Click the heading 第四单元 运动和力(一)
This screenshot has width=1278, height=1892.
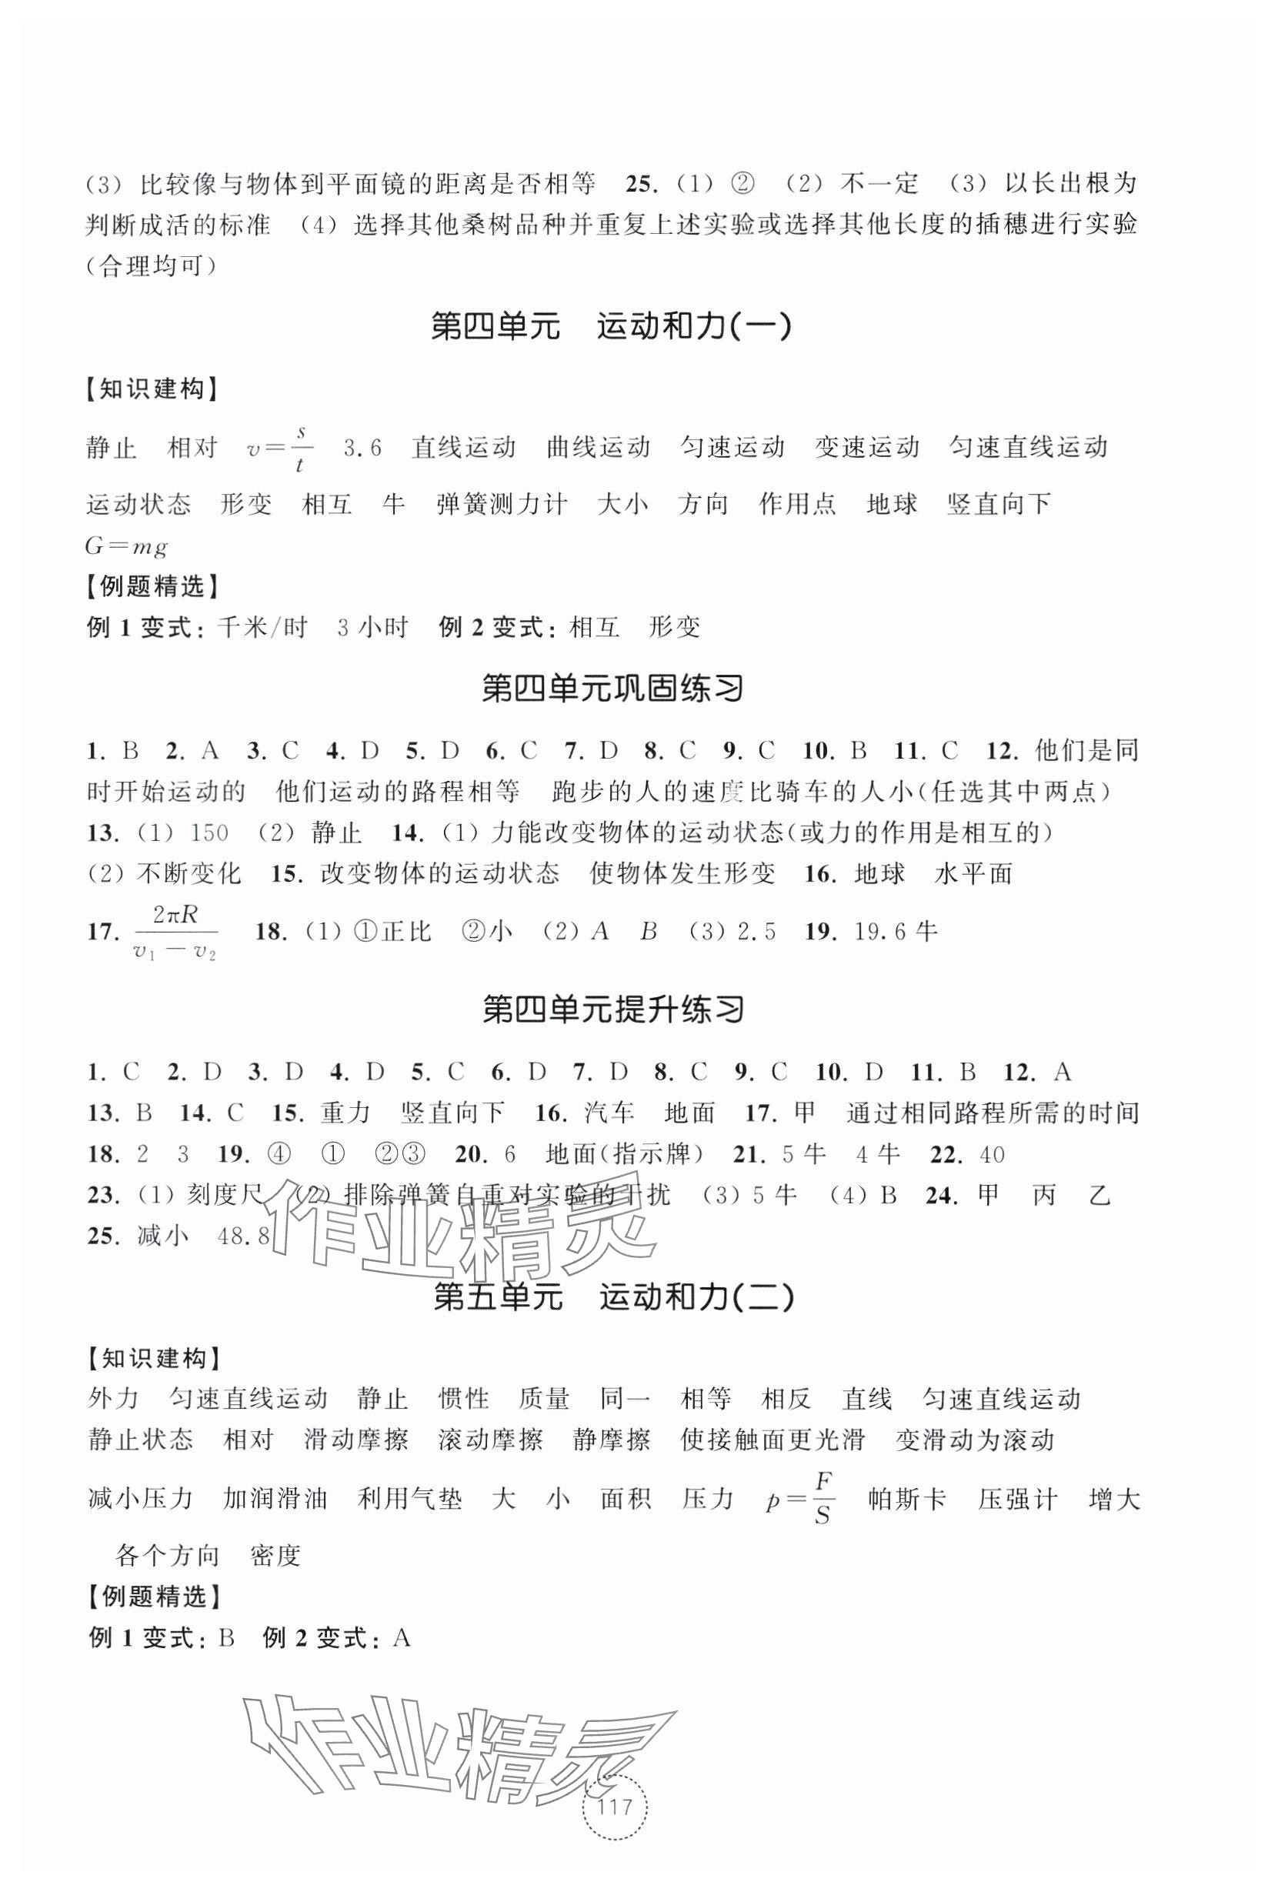610,327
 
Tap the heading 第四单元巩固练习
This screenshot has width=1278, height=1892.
613,689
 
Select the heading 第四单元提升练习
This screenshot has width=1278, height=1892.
613,1010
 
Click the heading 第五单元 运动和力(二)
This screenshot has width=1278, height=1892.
613,1298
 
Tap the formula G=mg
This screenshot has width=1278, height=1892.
126,546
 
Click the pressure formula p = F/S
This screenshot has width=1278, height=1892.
802,1500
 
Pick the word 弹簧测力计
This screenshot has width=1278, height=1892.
502,505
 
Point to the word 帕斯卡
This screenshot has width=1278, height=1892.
908,1500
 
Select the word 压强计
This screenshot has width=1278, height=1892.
1017,1500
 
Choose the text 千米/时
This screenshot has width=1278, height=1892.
263,628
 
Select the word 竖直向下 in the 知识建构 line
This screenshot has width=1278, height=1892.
999,505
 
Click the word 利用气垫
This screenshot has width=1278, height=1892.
409,1500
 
